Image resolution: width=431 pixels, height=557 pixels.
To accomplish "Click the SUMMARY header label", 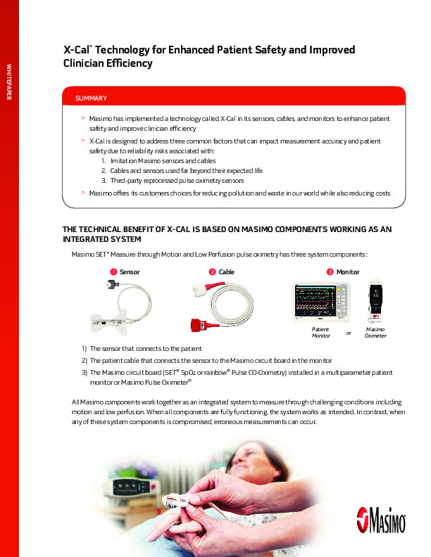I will point(91,98).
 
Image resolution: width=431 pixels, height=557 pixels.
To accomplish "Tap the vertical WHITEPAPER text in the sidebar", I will point(9,82).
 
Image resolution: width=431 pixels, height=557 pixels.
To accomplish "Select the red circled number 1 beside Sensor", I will point(113,271).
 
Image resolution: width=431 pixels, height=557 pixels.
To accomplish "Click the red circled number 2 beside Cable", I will point(212,271).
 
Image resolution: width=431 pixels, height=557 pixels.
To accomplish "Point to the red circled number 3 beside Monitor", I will point(330,271).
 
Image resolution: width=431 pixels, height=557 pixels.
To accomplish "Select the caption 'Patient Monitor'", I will point(320,333).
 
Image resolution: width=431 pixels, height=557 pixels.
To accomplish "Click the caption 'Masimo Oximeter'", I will point(375,333).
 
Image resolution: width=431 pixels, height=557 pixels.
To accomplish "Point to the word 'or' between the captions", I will point(348,333).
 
